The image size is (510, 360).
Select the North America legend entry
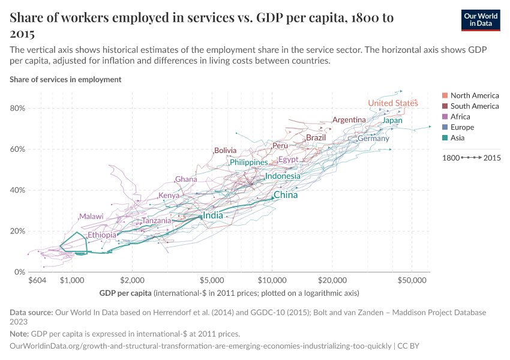tap(474, 95)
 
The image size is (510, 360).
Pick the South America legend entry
tap(474, 106)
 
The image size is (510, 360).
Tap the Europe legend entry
tap(462, 127)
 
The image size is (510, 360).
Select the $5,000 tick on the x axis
tap(212, 280)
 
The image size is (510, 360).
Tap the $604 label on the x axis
tap(37, 280)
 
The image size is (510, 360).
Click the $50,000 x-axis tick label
tap(413, 280)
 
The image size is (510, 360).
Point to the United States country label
tap(392, 103)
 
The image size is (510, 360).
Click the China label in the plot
tap(286, 195)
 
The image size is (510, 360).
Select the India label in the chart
tap(213, 215)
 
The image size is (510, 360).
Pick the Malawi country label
tap(91, 217)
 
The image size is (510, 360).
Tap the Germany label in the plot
tap(373, 139)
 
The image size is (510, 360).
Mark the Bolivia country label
tap(225, 150)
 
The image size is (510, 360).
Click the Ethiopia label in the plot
tap(101, 235)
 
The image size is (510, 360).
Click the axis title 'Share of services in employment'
tap(65, 79)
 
